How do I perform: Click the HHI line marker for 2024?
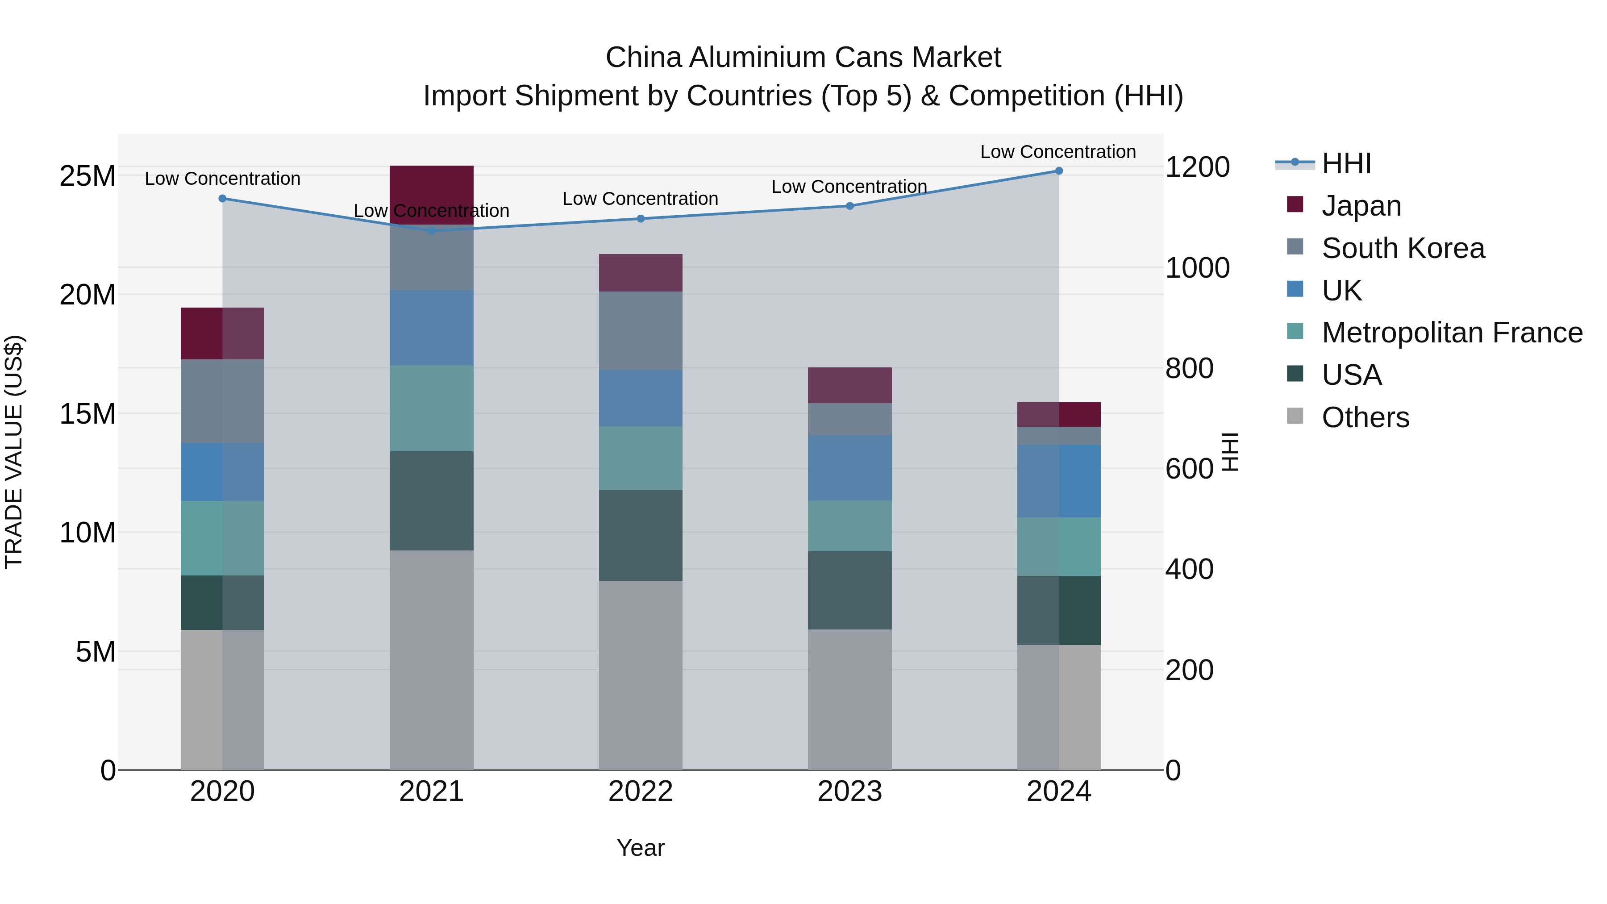coord(1059,171)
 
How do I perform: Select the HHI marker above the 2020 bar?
coord(223,198)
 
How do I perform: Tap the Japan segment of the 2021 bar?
coord(431,194)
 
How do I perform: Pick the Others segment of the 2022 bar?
coord(640,675)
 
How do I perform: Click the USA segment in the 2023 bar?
coord(849,590)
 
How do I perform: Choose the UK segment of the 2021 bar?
coord(431,328)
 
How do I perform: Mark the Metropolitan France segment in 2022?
coord(640,458)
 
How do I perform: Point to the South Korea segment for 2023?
coord(849,419)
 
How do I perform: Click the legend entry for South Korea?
coord(1403,248)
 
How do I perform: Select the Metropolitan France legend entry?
coord(1451,333)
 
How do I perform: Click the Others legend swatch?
coord(1295,416)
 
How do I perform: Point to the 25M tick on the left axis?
coord(87,176)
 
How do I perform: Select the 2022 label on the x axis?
coord(640,792)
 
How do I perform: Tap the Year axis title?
coord(640,848)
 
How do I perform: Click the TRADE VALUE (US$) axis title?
coord(14,452)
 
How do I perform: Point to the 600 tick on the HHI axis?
coord(1189,469)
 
